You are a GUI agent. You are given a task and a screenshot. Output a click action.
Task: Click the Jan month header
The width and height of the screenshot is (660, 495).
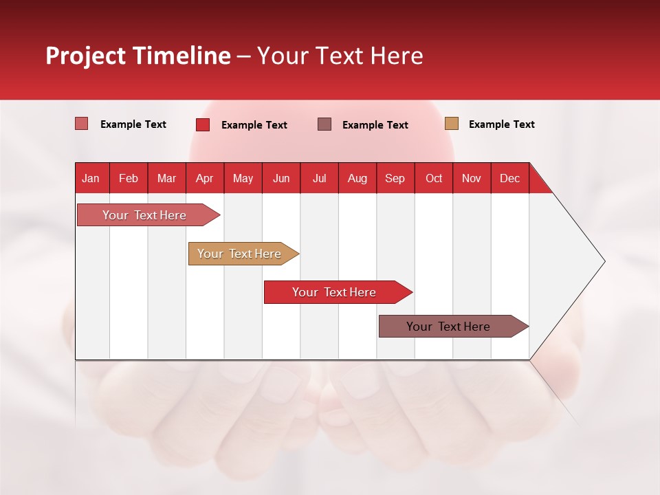pyautogui.click(x=91, y=178)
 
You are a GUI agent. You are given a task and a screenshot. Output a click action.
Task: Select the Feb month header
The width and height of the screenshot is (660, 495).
pyautogui.click(x=129, y=178)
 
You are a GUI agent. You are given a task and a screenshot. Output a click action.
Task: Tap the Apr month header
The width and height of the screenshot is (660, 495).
pyautogui.click(x=204, y=178)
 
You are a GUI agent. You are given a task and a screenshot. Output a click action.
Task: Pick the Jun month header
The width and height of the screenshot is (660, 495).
pyautogui.click(x=281, y=178)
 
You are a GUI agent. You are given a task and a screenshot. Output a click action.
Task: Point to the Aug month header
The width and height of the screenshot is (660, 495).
pyautogui.click(x=357, y=178)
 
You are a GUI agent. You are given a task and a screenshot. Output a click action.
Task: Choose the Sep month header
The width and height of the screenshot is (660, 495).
pyautogui.click(x=395, y=178)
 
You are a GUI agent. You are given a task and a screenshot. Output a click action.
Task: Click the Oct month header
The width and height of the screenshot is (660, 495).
pyautogui.click(x=434, y=178)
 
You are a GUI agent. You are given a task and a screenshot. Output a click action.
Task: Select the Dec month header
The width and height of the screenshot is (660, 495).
pyautogui.click(x=509, y=178)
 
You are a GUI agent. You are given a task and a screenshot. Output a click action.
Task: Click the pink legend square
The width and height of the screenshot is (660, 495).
pyautogui.click(x=82, y=124)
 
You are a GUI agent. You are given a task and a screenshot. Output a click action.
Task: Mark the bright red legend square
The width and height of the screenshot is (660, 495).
pyautogui.click(x=203, y=124)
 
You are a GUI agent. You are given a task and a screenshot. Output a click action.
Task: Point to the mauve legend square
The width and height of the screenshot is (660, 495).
pyautogui.click(x=324, y=124)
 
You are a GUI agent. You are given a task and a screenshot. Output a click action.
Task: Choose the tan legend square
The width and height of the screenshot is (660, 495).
pyautogui.click(x=452, y=124)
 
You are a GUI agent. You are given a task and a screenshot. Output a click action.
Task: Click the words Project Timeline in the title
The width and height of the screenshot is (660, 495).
pyautogui.click(x=138, y=56)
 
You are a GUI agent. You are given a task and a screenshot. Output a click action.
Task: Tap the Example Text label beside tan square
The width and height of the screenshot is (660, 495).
pyautogui.click(x=501, y=124)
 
